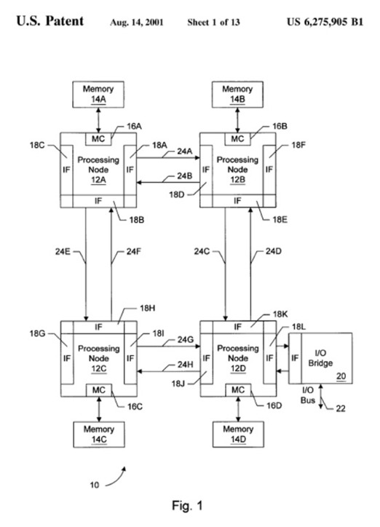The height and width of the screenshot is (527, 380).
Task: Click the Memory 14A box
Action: tap(98, 94)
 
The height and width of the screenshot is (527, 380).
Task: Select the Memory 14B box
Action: tap(237, 94)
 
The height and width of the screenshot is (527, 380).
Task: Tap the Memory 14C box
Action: tap(99, 435)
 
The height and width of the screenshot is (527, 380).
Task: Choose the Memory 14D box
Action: tap(238, 435)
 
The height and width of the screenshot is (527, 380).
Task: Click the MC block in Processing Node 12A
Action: tap(98, 139)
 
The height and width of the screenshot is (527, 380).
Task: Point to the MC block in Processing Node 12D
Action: tap(238, 390)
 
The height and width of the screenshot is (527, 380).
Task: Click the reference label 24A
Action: tap(184, 151)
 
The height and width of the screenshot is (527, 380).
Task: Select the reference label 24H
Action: tap(185, 365)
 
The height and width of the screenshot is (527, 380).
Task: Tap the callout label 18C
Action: tap(37, 145)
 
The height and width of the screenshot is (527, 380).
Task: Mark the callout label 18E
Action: tap(280, 220)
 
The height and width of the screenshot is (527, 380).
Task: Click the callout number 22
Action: tap(341, 408)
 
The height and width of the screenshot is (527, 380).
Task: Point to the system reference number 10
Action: tap(95, 485)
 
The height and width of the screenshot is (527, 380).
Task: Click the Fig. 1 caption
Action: tap(188, 505)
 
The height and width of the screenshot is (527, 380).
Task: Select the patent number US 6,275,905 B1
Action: tap(325, 22)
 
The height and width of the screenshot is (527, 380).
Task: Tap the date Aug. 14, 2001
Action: tap(136, 23)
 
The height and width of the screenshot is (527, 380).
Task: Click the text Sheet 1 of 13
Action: tap(214, 23)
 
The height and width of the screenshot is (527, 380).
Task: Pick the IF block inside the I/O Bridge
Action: tap(295, 358)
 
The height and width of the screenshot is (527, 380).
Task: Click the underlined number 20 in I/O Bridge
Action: tap(341, 376)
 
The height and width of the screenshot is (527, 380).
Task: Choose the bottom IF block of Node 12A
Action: tap(98, 201)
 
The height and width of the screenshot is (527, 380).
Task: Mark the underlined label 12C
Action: tap(99, 369)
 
